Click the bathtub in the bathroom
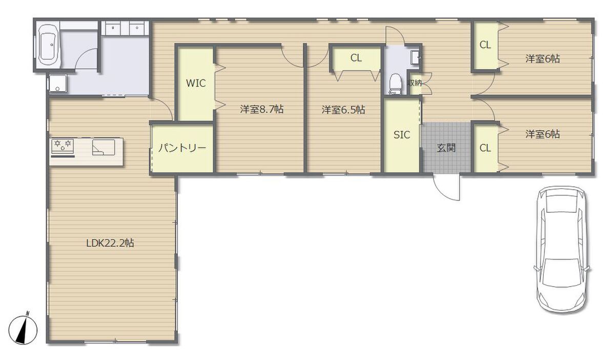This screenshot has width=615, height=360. coord(49,45)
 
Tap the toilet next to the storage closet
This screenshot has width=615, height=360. coord(395,84)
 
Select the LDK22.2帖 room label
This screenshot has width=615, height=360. coord(110,243)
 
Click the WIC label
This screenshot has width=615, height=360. coord(196,83)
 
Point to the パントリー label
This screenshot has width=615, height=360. coord(182,148)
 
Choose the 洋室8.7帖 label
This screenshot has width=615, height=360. coord(262,109)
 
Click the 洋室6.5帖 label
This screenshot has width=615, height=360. coord(343,110)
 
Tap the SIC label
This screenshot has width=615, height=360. coord(402,135)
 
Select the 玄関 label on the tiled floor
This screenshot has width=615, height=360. coord(446,148)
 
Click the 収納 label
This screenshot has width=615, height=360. coord(414,83)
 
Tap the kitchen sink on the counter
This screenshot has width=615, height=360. coord(104,148)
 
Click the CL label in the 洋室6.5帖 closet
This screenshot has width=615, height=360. coord(356,58)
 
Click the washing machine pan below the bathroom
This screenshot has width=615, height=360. coord(58,83)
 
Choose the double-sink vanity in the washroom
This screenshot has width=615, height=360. coord(125,28)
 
